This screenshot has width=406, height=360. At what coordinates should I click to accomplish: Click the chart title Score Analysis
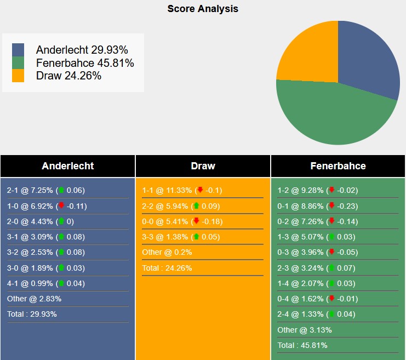click(x=203, y=9)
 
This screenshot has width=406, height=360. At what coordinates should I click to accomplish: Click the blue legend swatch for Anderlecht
click(x=18, y=50)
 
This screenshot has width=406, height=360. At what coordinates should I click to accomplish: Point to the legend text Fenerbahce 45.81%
click(x=85, y=63)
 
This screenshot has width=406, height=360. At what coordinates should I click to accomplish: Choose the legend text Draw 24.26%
click(x=68, y=76)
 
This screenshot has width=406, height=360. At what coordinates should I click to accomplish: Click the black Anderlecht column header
click(x=68, y=166)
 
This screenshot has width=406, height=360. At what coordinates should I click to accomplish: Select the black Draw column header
click(x=203, y=166)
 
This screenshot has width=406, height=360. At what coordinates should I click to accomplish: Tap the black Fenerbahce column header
click(x=338, y=166)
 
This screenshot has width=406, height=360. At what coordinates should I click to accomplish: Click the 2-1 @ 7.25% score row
click(x=46, y=190)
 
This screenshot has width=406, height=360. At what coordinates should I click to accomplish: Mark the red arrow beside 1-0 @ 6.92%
click(x=61, y=206)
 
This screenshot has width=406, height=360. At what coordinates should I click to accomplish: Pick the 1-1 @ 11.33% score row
click(x=181, y=190)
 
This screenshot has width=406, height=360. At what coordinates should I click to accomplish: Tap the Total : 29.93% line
click(x=32, y=314)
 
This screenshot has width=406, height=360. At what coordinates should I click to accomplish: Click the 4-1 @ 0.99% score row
click(x=46, y=283)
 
